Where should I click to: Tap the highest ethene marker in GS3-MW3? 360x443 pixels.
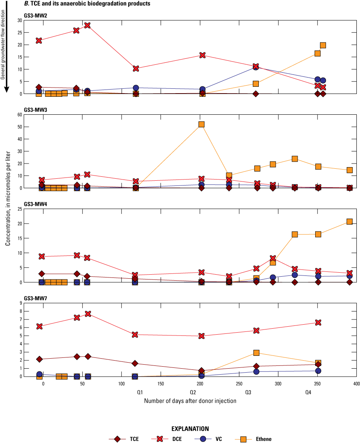pos(201,124)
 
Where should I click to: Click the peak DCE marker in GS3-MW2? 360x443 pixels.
pos(87,26)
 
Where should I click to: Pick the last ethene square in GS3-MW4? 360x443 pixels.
pos(349,221)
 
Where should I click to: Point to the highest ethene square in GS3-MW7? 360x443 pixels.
pos(256,353)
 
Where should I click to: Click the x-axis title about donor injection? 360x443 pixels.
pos(190,401)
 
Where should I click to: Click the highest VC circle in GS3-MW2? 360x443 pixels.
pos(255,67)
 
